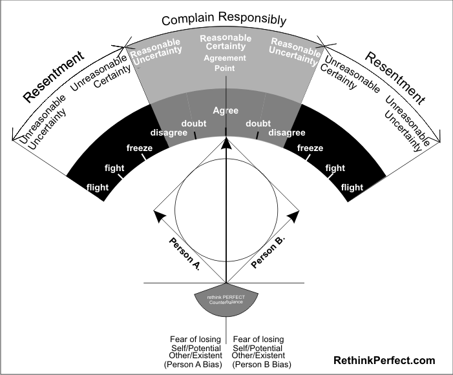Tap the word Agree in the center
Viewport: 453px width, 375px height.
click(x=226, y=110)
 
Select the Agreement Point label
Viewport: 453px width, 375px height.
click(x=226, y=63)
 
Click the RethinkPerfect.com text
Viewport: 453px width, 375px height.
click(x=384, y=361)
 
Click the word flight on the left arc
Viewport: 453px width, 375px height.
click(x=98, y=188)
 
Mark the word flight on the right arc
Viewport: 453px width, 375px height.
click(x=352, y=188)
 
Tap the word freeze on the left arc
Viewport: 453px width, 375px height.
click(x=140, y=148)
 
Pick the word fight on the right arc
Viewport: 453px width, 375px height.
click(x=335, y=168)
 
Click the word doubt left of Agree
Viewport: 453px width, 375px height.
click(x=193, y=123)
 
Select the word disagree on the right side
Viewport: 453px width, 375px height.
click(x=286, y=133)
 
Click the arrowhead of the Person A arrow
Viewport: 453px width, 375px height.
click(x=157, y=214)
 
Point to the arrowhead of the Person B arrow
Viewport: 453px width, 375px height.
click(x=294, y=214)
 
